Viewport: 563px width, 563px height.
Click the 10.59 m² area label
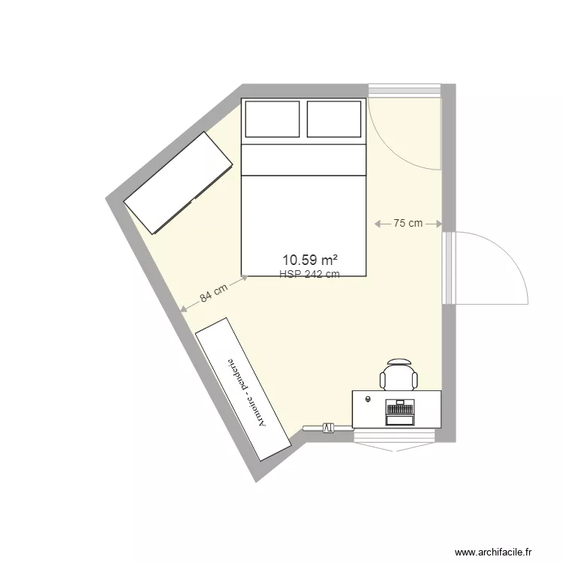(x=309, y=261)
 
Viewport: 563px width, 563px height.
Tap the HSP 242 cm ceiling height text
(x=309, y=275)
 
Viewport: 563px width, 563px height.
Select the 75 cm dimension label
(x=408, y=224)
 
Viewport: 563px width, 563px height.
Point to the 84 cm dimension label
(x=215, y=294)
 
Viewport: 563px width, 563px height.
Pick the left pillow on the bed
(x=272, y=119)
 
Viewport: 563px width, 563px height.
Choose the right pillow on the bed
(x=335, y=119)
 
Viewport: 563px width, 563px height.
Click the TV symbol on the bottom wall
(x=327, y=428)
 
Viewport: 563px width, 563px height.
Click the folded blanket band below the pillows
(x=303, y=160)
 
